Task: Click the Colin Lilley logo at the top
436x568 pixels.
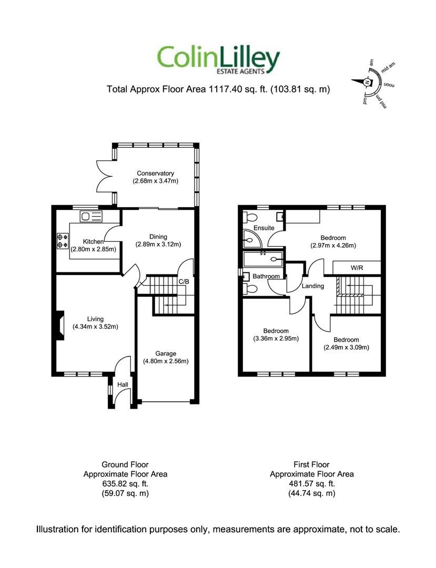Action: [218, 60]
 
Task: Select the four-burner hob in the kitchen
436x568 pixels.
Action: [62, 241]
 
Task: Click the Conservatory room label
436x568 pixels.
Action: [155, 173]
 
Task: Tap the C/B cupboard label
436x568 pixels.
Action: [184, 282]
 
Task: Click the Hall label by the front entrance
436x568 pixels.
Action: [123, 385]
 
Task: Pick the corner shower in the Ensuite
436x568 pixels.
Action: [250, 240]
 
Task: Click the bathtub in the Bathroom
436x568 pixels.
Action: [263, 259]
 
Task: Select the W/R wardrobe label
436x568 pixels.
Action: [357, 268]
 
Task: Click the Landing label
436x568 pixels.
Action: [312, 286]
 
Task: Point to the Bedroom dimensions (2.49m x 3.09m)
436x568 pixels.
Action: [346, 347]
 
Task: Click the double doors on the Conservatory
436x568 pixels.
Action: [103, 176]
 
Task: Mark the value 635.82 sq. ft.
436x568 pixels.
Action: [125, 483]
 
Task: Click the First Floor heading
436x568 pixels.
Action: [311, 464]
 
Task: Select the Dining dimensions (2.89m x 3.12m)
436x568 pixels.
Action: [158, 244]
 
